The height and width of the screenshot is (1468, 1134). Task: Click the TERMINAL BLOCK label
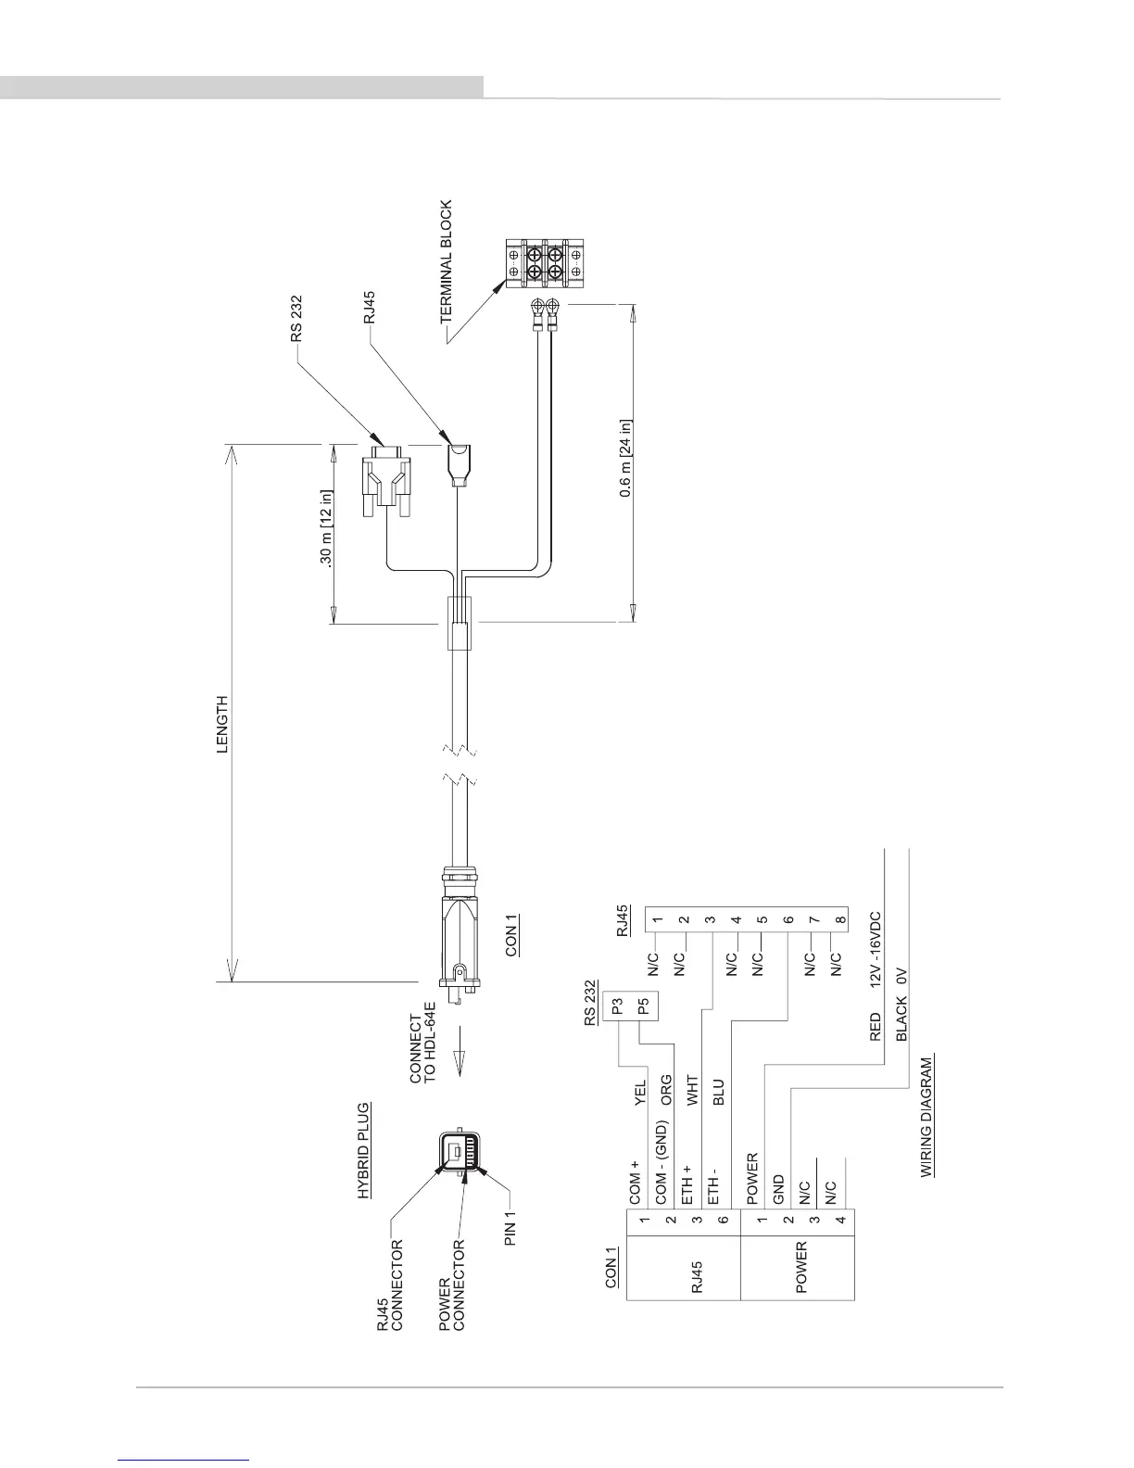coord(447,262)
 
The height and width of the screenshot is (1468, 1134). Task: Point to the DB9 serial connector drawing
coord(383,482)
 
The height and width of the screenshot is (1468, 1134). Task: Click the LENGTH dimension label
coord(222,725)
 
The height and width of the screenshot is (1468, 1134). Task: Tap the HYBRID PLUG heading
coord(364,1150)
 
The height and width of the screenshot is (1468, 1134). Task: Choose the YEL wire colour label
coord(639,1094)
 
